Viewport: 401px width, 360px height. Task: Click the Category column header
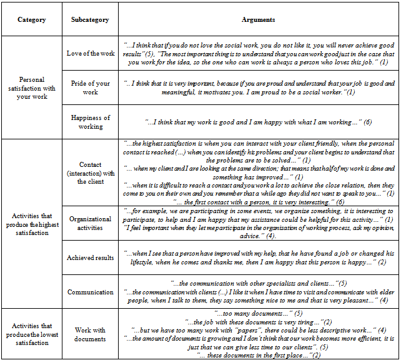tap(32, 20)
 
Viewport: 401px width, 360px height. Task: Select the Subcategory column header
tap(91, 20)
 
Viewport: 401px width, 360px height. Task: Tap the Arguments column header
tap(259, 20)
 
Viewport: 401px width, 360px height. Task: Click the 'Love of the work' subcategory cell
tap(91, 54)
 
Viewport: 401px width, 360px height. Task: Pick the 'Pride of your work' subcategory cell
tap(91, 87)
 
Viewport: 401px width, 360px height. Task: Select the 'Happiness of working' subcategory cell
tap(91, 122)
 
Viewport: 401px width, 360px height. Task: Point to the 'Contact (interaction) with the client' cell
tap(91, 172)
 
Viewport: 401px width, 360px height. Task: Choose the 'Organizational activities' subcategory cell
tap(91, 223)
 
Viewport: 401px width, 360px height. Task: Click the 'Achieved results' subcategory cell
tap(91, 257)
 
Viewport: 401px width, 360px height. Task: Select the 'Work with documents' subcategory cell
tap(91, 334)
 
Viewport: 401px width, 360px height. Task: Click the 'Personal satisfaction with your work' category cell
tap(32, 88)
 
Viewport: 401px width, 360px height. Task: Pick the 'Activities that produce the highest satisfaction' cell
tap(32, 224)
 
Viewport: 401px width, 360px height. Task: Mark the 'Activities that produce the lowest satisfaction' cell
tap(32, 334)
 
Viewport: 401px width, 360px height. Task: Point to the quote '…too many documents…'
tap(259, 312)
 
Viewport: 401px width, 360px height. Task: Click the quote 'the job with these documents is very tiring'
tap(259, 321)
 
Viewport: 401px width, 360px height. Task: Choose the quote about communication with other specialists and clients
tap(259, 283)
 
